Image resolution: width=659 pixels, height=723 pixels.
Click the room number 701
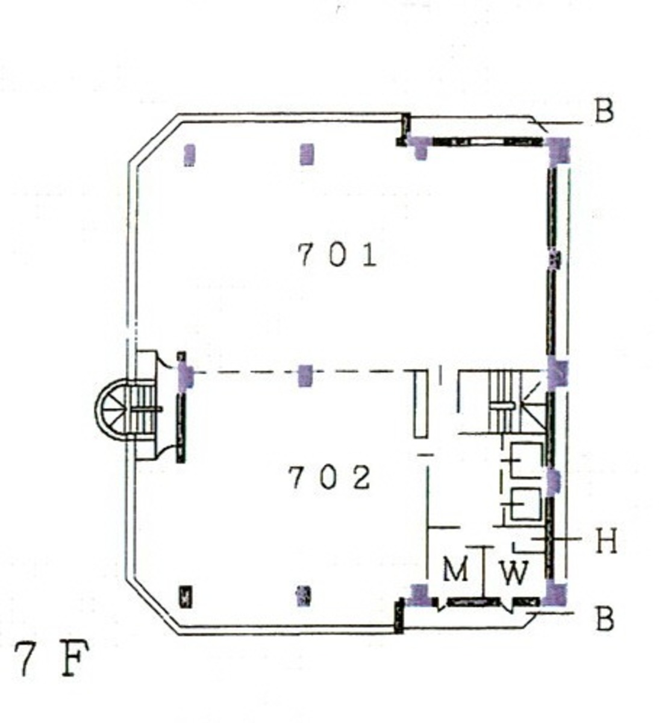pyautogui.click(x=337, y=255)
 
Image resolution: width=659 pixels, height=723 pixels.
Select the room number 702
pyautogui.click(x=329, y=477)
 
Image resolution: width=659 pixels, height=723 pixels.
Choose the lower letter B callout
pyautogui.click(x=604, y=619)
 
